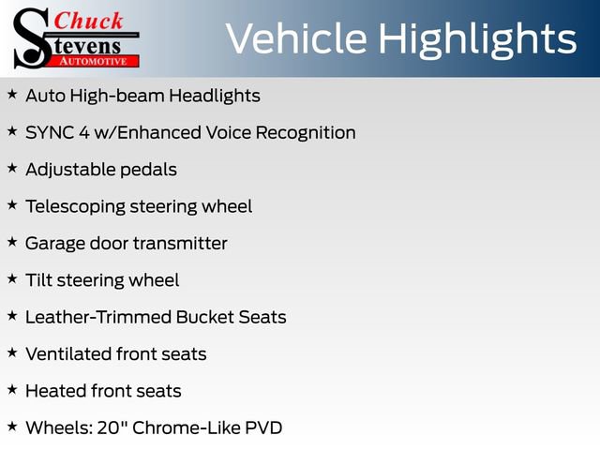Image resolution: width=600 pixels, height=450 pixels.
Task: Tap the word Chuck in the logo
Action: (90, 21)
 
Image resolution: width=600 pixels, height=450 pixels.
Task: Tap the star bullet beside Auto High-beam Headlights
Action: (12, 95)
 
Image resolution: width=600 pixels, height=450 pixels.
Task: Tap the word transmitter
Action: (180, 243)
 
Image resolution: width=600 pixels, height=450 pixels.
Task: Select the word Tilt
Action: (37, 280)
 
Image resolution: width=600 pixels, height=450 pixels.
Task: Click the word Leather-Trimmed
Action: (93, 317)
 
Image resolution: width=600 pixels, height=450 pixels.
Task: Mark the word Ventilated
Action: (67, 353)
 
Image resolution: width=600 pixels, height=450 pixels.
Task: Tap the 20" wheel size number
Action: (115, 427)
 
